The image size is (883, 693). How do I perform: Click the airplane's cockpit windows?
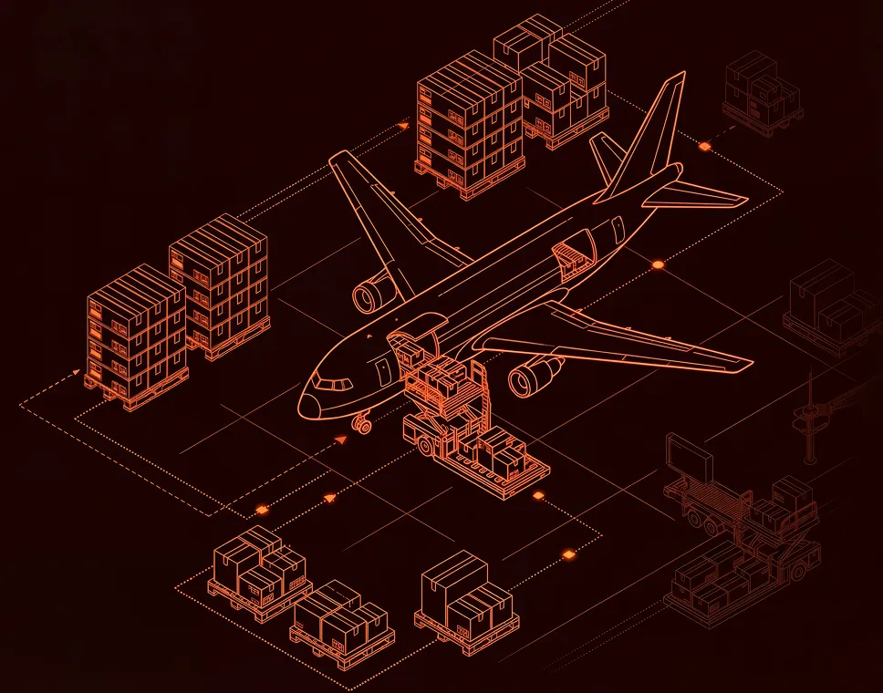coord(334,384)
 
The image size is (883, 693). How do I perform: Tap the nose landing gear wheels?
coord(362,424)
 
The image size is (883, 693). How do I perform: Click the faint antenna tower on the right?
coord(807,416)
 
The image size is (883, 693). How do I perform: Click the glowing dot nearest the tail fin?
coord(704,146)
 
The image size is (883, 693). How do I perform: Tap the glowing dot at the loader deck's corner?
coord(538,495)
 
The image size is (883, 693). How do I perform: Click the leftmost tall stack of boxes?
coord(134,332)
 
